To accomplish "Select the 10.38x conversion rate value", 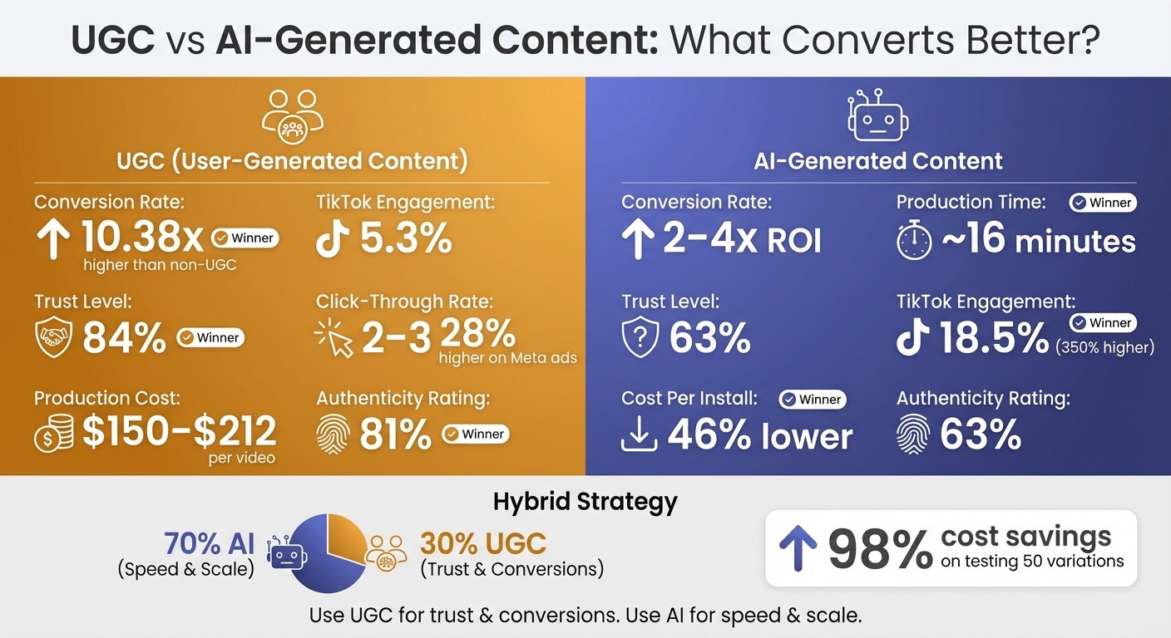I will [142, 239].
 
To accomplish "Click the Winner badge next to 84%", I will [210, 337].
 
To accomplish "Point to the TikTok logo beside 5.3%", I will [333, 239].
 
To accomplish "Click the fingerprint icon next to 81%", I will [333, 434].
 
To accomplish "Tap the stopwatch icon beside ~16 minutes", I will [913, 242].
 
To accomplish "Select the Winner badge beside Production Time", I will [1102, 203].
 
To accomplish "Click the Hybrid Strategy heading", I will [585, 502].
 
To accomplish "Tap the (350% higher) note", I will [1104, 347].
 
